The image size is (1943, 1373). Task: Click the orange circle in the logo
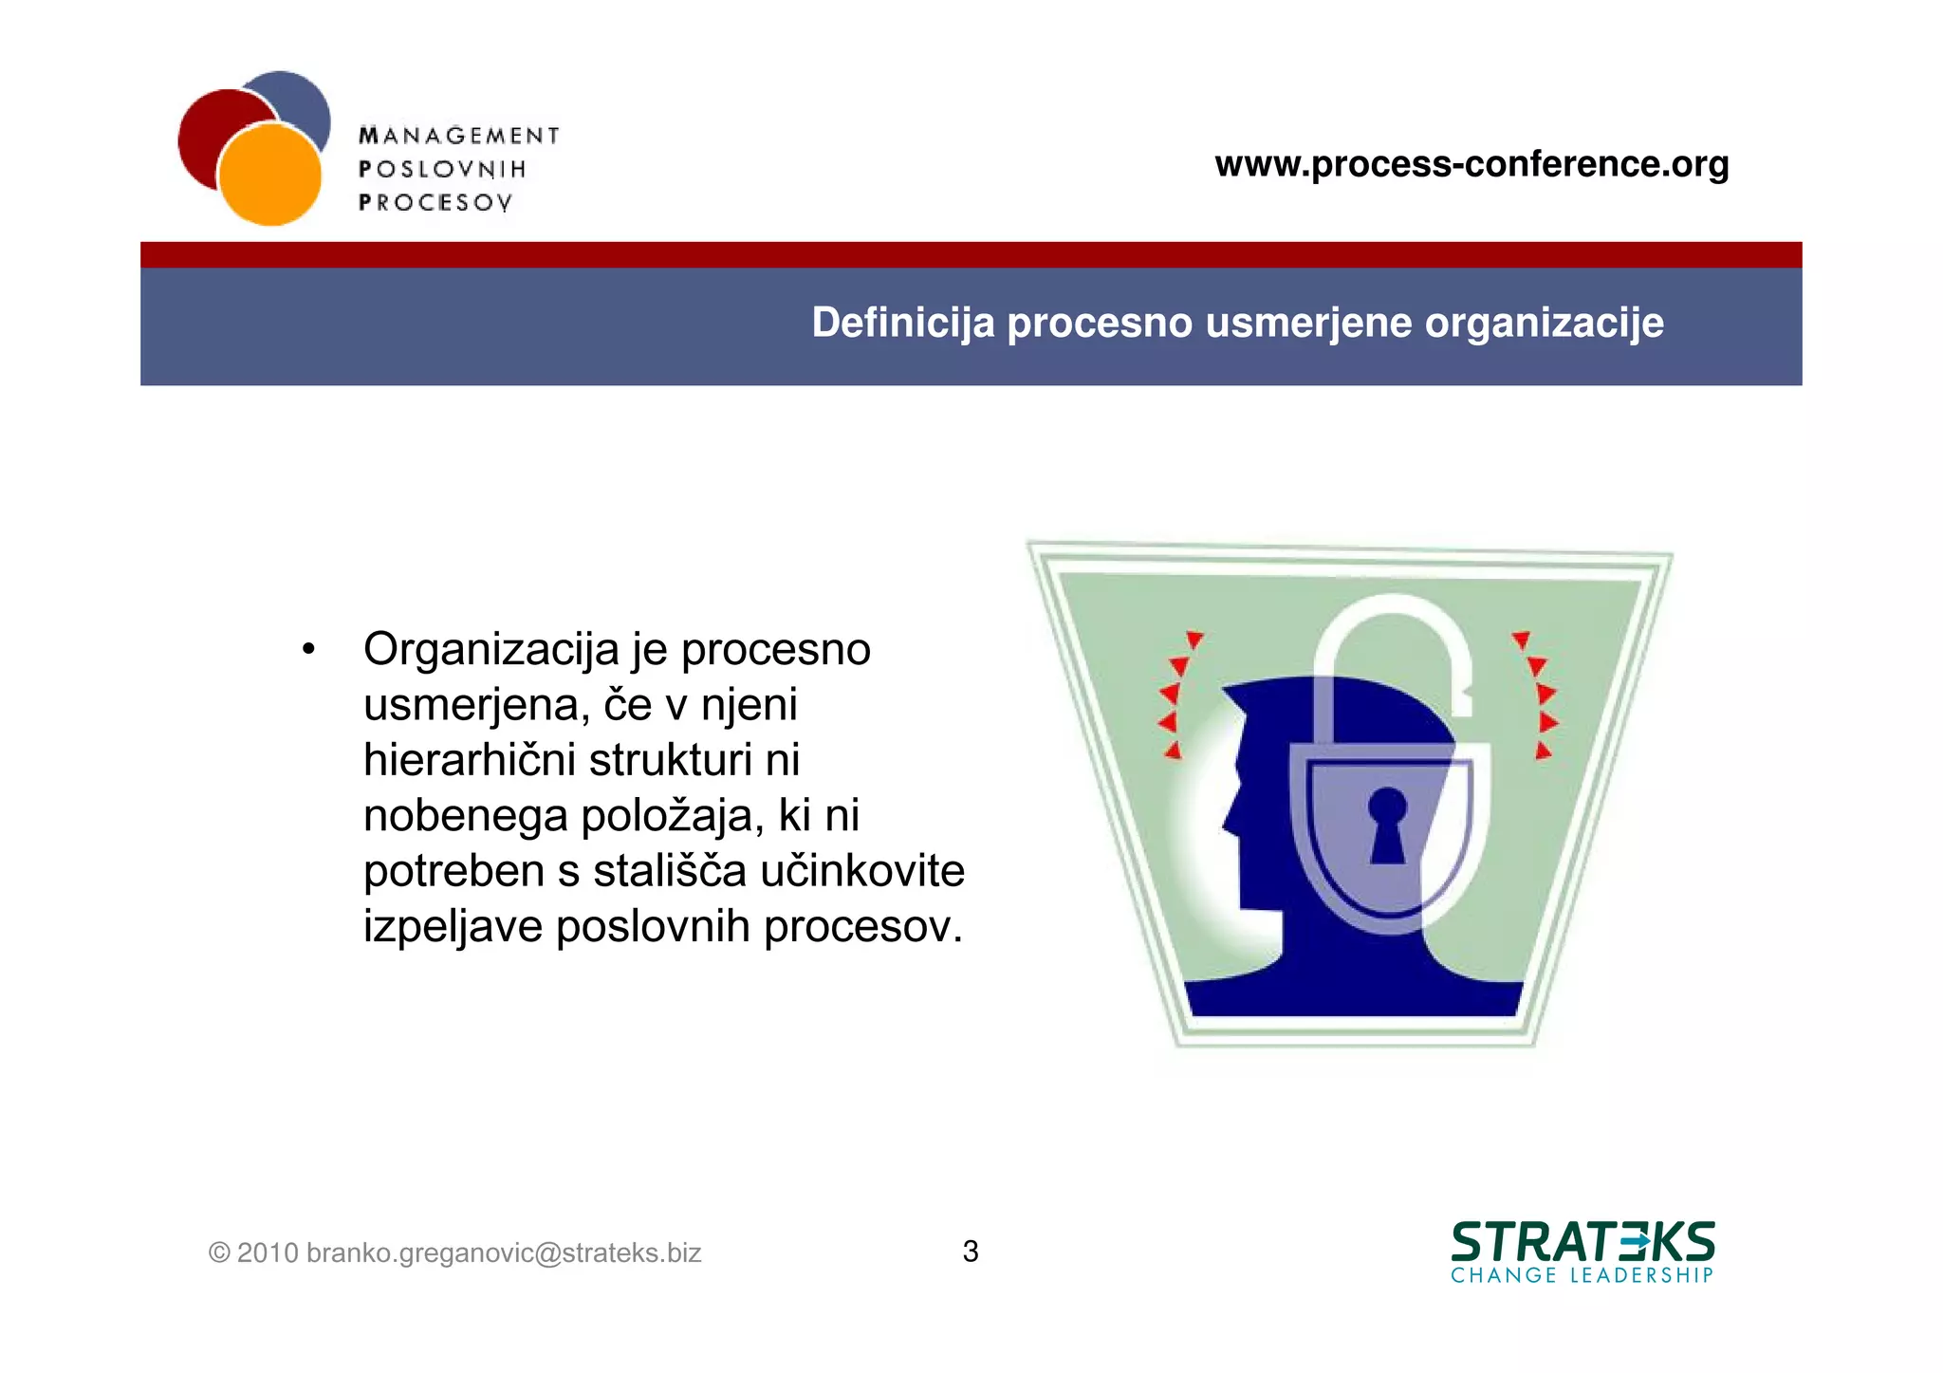click(x=269, y=176)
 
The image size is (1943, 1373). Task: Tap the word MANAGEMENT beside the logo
click(x=459, y=136)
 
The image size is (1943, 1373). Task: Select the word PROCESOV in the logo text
click(x=435, y=202)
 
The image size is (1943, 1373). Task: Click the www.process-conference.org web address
click(x=1471, y=164)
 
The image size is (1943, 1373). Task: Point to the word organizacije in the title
click(x=1544, y=323)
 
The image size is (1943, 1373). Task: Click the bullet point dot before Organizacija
click(x=307, y=650)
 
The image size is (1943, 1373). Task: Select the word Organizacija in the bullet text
click(x=490, y=650)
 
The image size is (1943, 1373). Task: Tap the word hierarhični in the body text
click(x=470, y=760)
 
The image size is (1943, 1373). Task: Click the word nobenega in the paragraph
click(x=465, y=816)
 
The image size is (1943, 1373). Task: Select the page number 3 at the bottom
click(x=971, y=1252)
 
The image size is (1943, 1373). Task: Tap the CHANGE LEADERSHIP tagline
click(x=1582, y=1275)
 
